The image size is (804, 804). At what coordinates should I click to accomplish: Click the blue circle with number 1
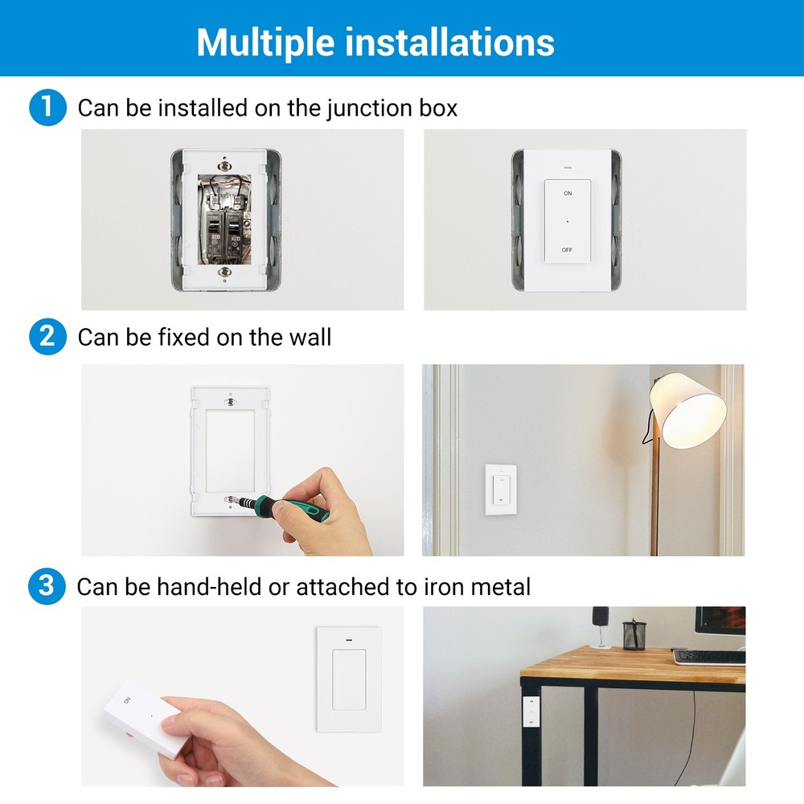pyautogui.click(x=47, y=108)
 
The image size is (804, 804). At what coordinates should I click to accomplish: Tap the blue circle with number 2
pyautogui.click(x=47, y=336)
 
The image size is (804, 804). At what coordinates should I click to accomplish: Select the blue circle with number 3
pyautogui.click(x=47, y=586)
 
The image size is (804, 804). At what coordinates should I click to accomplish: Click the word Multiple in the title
pyautogui.click(x=266, y=42)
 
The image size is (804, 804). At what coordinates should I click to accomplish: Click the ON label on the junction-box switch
pyautogui.click(x=568, y=194)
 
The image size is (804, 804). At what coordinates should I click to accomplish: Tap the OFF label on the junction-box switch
pyautogui.click(x=568, y=250)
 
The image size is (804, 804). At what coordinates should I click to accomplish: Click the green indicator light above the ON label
pyautogui.click(x=568, y=169)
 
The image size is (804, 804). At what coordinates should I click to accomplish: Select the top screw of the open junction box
pyautogui.click(x=226, y=162)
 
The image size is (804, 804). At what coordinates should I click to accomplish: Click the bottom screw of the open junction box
pyautogui.click(x=226, y=273)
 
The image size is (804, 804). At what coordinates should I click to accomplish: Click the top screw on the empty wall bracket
pyautogui.click(x=231, y=400)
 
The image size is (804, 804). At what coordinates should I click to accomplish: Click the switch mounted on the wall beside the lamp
pyautogui.click(x=499, y=490)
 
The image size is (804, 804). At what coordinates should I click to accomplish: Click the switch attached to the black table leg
pyautogui.click(x=531, y=712)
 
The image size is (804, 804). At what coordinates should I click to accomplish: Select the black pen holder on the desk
pyautogui.click(x=634, y=634)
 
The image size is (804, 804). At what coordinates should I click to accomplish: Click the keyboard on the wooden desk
pyautogui.click(x=709, y=656)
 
